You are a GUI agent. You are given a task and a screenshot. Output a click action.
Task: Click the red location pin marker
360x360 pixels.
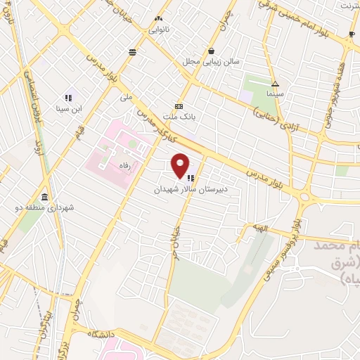(181, 165)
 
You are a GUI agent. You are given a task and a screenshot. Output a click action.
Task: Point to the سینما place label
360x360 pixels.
(275, 93)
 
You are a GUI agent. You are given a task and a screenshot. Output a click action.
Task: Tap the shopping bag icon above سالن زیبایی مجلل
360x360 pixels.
(212, 51)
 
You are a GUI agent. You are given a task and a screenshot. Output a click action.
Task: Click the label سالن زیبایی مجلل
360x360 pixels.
(212, 62)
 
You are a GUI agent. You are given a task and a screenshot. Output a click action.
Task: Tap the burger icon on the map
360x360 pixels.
(132, 51)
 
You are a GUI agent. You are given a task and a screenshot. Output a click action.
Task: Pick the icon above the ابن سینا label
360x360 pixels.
(69, 97)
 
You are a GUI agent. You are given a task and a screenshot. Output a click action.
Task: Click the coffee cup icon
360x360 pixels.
(352, 34)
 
